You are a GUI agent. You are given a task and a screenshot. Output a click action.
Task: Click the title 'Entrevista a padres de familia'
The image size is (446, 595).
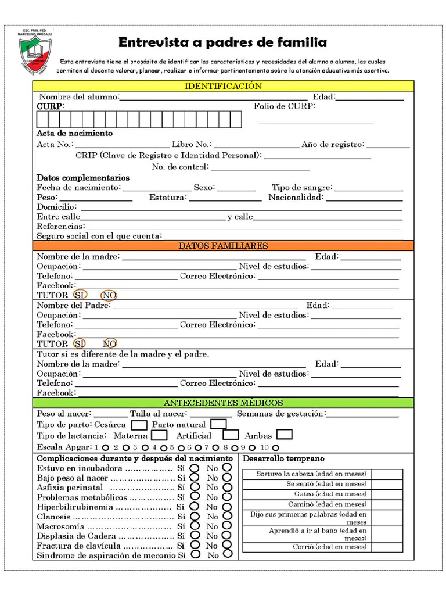222,43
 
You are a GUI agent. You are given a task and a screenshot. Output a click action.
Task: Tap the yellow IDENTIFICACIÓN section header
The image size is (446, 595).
223,86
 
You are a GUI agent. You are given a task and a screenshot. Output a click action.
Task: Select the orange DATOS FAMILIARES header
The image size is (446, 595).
223,246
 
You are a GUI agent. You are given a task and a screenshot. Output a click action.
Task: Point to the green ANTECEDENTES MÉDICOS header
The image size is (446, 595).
223,403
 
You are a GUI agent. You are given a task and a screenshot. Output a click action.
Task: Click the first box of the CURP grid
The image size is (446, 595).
42,119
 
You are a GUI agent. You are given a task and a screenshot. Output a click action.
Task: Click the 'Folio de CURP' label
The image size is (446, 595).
284,107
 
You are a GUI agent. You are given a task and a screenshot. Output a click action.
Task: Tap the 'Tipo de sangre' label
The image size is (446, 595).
301,188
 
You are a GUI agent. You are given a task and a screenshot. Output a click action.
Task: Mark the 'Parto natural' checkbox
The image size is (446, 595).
218,424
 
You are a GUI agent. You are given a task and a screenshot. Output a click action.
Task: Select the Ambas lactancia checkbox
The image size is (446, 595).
285,435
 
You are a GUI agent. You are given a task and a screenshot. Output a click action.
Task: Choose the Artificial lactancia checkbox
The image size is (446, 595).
231,435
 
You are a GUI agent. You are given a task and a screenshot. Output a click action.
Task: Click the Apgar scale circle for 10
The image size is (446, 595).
275,448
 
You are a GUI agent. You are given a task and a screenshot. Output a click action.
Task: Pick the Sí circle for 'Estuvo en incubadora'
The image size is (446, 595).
195,468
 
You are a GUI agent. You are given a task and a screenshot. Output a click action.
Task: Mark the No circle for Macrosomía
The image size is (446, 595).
226,526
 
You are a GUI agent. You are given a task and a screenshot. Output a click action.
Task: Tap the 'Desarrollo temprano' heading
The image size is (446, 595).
275,458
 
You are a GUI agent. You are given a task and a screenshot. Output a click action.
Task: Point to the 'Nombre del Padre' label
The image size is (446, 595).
73,305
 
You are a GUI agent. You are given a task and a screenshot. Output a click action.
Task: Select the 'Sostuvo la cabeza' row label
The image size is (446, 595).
311,474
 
